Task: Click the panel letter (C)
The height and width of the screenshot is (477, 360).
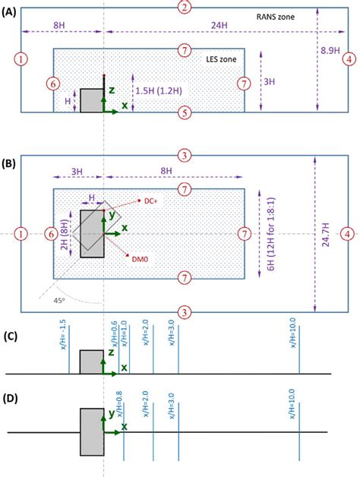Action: click(x=13, y=337)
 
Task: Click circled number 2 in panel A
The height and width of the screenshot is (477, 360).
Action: click(x=183, y=7)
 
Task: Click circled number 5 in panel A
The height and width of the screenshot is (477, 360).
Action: click(x=183, y=113)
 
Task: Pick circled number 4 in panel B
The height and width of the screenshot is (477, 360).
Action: click(x=347, y=232)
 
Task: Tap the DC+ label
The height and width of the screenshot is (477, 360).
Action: click(x=150, y=201)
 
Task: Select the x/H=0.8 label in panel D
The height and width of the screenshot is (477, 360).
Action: click(x=119, y=402)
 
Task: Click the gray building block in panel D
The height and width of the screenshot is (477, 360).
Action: click(x=92, y=431)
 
